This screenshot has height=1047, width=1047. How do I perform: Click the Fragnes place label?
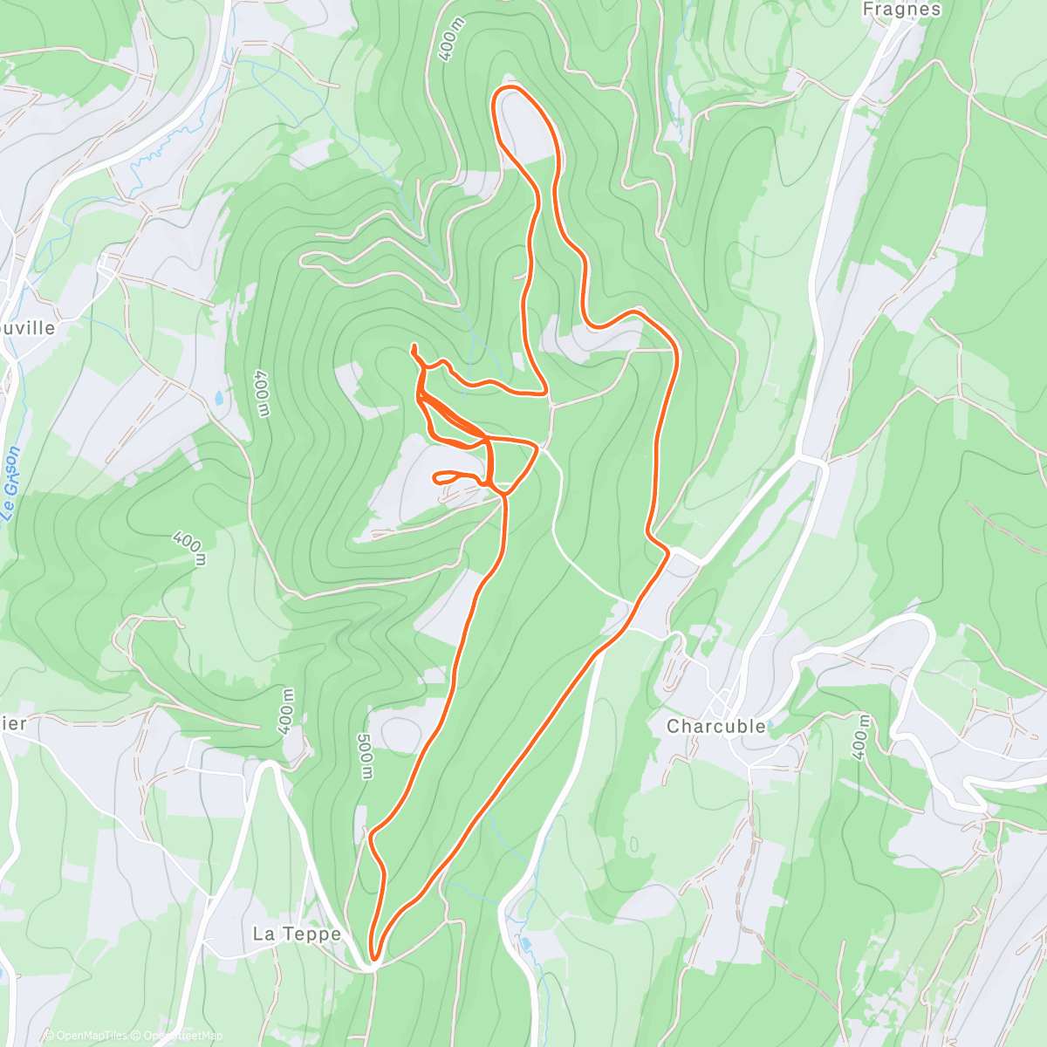tap(901, 10)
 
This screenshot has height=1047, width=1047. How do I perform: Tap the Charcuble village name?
tap(715, 726)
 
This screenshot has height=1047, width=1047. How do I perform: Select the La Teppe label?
tap(297, 934)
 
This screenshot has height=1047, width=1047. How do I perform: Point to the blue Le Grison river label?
tap(10, 484)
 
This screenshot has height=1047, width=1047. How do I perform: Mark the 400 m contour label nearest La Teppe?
tap(287, 711)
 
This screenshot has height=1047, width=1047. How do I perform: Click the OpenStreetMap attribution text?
tap(182, 1036)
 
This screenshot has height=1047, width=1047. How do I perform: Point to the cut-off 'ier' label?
tap(14, 723)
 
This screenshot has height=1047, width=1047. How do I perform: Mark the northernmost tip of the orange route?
tap(511, 88)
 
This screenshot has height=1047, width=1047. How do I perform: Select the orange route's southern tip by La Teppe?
tap(373, 959)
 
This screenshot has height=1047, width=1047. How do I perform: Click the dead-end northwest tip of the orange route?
tap(413, 347)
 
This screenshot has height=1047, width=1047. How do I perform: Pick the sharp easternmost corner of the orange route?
tap(677, 349)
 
